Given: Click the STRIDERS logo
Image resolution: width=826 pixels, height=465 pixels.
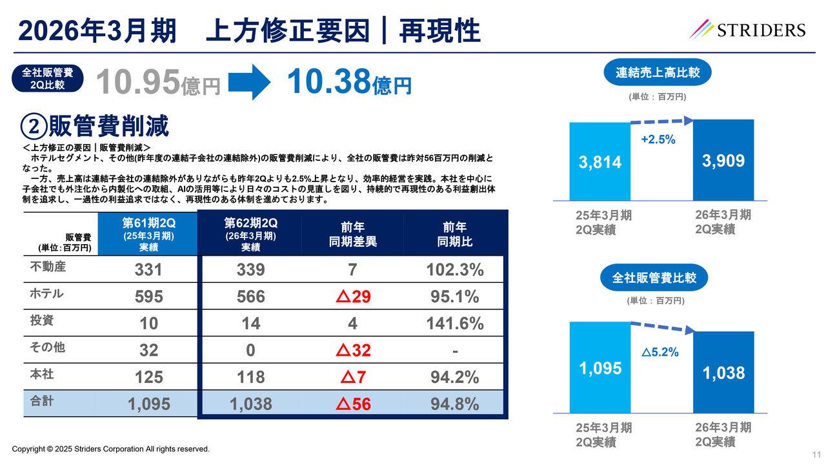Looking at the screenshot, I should (748, 30).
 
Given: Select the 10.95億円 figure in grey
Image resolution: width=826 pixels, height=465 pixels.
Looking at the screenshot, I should (158, 83).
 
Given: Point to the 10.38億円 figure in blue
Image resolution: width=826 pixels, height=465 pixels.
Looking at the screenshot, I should (348, 83).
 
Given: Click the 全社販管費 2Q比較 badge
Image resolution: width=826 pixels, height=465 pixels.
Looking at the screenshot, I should (48, 77).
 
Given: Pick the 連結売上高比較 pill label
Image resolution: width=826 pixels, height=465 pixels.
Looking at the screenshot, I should (658, 72).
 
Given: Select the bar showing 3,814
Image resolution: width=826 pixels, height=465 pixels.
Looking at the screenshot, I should (599, 161).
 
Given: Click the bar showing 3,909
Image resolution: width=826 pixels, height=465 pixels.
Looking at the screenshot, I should (723, 160).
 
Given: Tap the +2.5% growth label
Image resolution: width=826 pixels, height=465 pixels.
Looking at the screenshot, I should (658, 139).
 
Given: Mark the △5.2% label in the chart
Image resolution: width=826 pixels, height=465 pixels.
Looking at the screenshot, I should (660, 353).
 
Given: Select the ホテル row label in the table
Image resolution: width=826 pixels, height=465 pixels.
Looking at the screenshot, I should (47, 294).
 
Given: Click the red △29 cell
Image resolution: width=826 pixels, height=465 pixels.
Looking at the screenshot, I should (352, 296).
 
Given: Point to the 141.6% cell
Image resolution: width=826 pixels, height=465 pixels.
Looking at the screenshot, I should (455, 324).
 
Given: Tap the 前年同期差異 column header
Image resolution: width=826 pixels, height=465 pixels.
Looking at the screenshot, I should (352, 234).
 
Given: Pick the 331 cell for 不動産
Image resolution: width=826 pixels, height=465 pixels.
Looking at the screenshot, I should (149, 270).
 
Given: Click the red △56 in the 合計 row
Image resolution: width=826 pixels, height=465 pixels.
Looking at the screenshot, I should (352, 404).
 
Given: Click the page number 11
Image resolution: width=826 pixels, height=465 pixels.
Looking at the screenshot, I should (816, 455).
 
